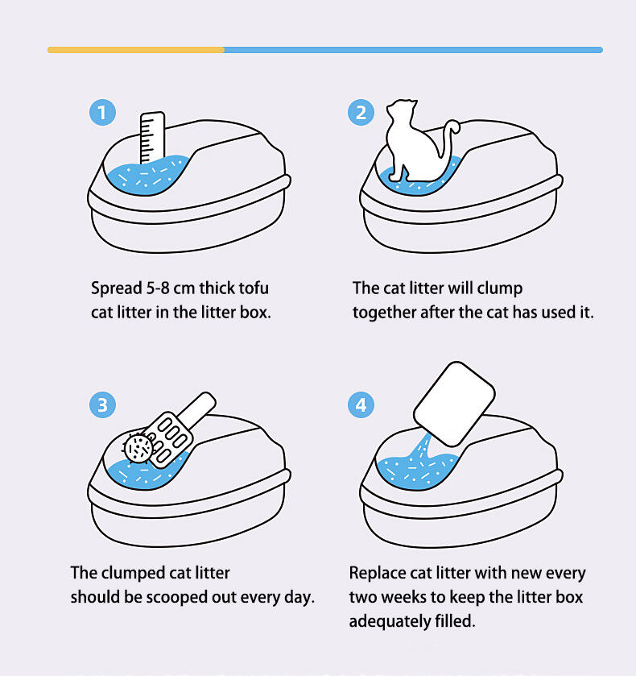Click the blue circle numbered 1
(102, 113)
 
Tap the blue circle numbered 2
(361, 113)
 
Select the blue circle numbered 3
(102, 404)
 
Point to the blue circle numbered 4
(361, 404)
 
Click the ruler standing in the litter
(152, 137)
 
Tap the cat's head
(402, 110)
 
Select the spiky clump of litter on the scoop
(138, 448)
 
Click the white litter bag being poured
(455, 404)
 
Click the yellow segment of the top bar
(136, 50)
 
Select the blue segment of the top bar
(413, 50)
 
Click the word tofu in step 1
(254, 288)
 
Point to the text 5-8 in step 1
(158, 288)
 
